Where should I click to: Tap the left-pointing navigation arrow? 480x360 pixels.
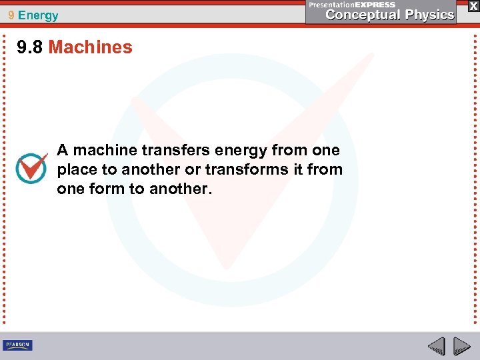click(x=436, y=346)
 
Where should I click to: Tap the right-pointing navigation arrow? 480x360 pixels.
click(x=461, y=346)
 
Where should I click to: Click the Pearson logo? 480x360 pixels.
click(x=17, y=345)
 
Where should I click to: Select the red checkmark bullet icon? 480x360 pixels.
click(x=31, y=168)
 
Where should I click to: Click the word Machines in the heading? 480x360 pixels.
click(x=91, y=47)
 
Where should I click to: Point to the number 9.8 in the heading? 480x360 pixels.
click(x=31, y=47)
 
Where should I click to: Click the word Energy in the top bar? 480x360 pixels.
click(x=39, y=15)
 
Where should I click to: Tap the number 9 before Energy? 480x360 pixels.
click(x=12, y=15)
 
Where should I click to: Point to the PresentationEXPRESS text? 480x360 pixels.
click(x=351, y=5)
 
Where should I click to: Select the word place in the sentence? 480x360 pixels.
click(x=77, y=169)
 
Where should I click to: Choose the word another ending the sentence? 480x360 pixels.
click(x=180, y=189)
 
